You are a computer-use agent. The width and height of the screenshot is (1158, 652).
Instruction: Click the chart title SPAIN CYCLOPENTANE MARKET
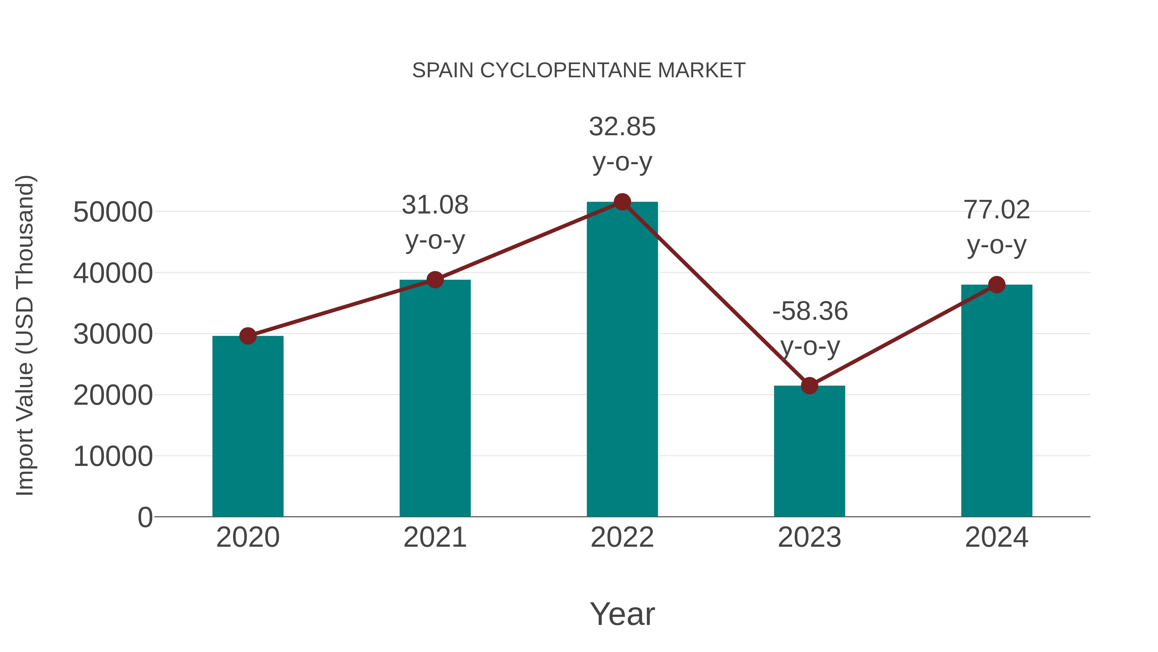pyautogui.click(x=579, y=71)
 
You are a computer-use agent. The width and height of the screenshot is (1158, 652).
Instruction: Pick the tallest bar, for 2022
pyautogui.click(x=622, y=360)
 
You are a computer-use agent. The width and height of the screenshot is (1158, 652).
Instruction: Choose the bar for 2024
pyautogui.click(x=997, y=401)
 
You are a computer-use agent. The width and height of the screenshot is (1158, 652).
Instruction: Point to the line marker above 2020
pyautogui.click(x=248, y=336)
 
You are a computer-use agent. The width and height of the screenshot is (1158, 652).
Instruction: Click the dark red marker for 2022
pyautogui.click(x=622, y=202)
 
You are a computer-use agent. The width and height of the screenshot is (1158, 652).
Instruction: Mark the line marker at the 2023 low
pyautogui.click(x=809, y=386)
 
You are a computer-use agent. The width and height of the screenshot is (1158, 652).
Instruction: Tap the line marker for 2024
pyautogui.click(x=997, y=284)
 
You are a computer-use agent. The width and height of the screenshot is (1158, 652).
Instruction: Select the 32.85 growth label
pyautogui.click(x=622, y=144)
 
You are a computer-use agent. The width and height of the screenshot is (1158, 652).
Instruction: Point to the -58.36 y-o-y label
pyautogui.click(x=810, y=328)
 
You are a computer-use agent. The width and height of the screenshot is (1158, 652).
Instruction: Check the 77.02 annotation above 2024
pyautogui.click(x=997, y=227)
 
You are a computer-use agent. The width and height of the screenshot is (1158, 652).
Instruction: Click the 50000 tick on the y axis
pyautogui.click(x=113, y=212)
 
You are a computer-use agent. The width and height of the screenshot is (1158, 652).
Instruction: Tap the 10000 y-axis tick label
pyautogui.click(x=113, y=456)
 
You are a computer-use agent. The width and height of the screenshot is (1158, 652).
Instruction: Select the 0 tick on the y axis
pyautogui.click(x=145, y=517)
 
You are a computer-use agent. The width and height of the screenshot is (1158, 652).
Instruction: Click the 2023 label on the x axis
pyautogui.click(x=809, y=537)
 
